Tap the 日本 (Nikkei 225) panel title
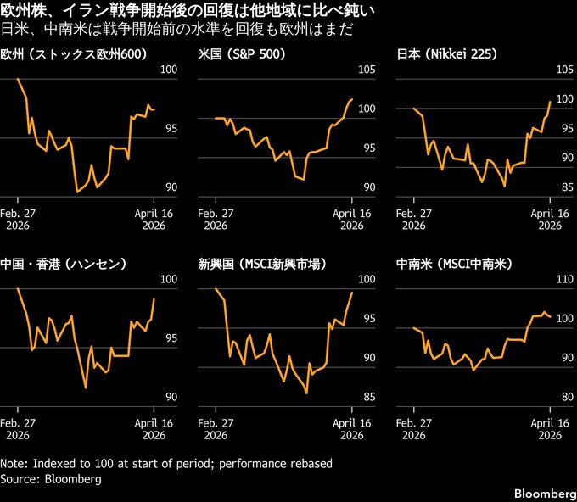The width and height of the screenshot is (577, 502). point(447,54)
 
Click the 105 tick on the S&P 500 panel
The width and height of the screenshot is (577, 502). point(367,70)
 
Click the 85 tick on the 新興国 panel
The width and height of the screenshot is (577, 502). point(367,396)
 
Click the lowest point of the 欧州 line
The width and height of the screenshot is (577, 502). point(77,192)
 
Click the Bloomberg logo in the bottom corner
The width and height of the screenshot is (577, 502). point(542,493)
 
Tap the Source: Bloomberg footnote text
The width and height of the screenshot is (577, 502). point(51,479)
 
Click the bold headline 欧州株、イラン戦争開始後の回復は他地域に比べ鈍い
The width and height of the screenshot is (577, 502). point(189,11)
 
